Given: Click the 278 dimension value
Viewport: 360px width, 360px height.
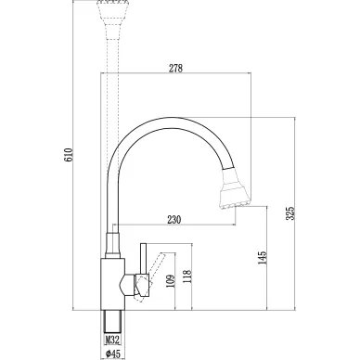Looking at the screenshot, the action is [x=175, y=68].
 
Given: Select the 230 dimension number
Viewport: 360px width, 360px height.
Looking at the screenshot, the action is [x=174, y=220].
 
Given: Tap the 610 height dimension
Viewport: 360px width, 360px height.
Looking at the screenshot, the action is [x=68, y=155].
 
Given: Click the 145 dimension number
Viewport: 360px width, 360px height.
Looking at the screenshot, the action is [x=262, y=258].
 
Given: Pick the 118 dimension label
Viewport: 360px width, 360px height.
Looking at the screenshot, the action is [x=187, y=276].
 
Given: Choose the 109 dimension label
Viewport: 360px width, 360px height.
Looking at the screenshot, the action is [x=170, y=281].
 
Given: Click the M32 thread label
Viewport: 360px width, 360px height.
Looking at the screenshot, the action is [x=112, y=340].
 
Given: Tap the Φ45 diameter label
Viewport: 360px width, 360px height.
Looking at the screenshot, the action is [x=112, y=354].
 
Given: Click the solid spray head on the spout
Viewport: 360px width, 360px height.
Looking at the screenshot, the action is [x=235, y=188].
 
